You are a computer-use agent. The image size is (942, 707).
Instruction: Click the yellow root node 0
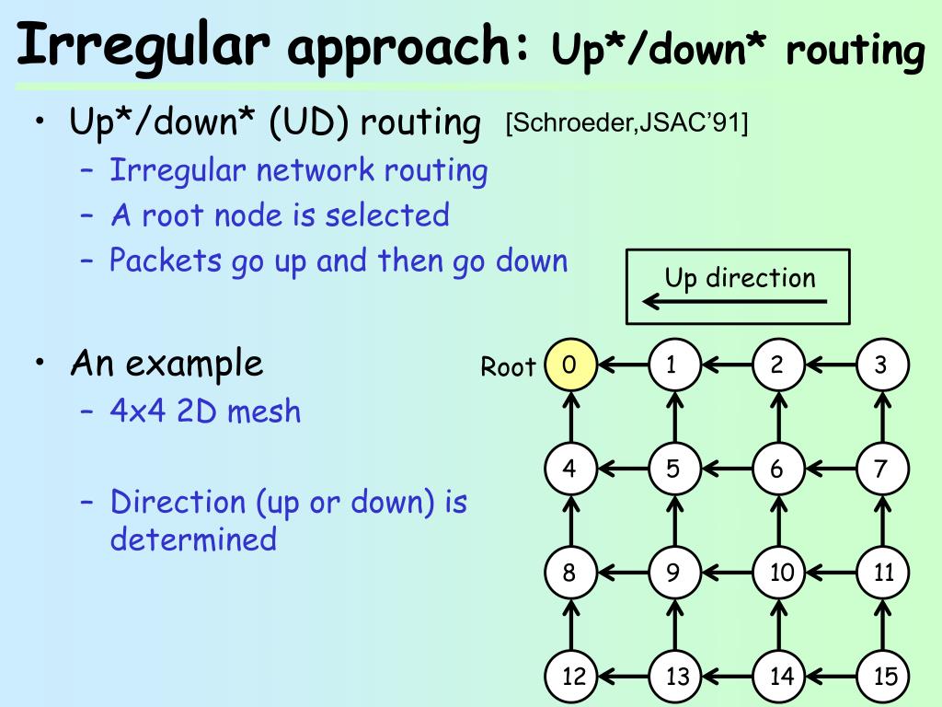pos(570,365)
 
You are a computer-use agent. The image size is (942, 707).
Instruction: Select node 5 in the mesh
pos(673,469)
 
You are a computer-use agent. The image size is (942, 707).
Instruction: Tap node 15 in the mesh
pos(883,677)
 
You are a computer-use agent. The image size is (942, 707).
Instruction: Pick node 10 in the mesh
pos(779,573)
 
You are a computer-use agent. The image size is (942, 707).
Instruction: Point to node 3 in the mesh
pos(881,365)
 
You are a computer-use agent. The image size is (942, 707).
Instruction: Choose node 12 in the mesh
pos(572,677)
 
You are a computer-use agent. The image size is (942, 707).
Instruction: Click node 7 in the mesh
pos(881,469)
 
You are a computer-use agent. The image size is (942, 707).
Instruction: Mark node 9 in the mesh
pos(673,573)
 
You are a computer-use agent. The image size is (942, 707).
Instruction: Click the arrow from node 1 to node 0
pos(622,365)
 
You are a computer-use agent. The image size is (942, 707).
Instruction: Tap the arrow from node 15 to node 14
pos(832,677)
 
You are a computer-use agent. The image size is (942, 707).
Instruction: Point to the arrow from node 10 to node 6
pos(779,521)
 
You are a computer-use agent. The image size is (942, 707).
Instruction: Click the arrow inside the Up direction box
pos(734,301)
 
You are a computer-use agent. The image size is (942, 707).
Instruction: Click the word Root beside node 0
pos(508,367)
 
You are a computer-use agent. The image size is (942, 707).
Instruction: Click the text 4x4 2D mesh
pos(205,410)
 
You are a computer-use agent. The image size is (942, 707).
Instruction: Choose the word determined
pos(193,539)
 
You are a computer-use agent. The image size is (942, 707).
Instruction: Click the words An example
pos(167,364)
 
